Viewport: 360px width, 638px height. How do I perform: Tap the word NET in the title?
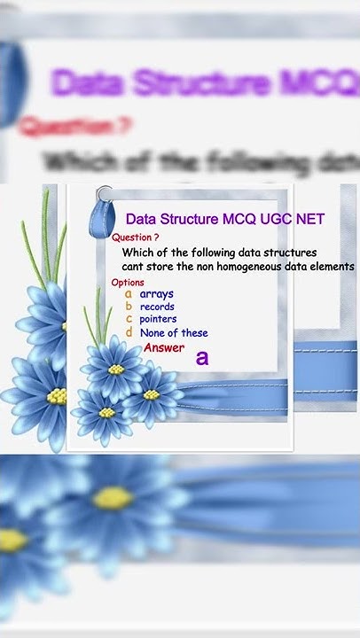pyautogui.click(x=309, y=219)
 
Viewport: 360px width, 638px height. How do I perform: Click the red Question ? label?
pyautogui.click(x=136, y=237)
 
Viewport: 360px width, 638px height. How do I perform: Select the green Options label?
pyautogui.click(x=128, y=283)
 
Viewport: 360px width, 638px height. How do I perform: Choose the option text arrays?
pyautogui.click(x=157, y=293)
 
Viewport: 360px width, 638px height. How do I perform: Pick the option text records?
pyautogui.click(x=157, y=307)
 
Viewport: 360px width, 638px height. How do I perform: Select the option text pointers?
pyautogui.click(x=158, y=319)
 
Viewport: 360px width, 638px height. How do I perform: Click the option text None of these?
pyautogui.click(x=174, y=333)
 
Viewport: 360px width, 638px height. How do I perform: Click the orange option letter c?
pyautogui.click(x=129, y=319)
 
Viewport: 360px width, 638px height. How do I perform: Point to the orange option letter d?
pyautogui.click(x=129, y=332)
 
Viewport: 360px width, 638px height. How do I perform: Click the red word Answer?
pyautogui.click(x=164, y=348)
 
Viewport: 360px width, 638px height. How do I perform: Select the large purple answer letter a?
pyautogui.click(x=202, y=357)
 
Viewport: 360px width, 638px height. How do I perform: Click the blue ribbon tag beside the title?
pyautogui.click(x=107, y=213)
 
